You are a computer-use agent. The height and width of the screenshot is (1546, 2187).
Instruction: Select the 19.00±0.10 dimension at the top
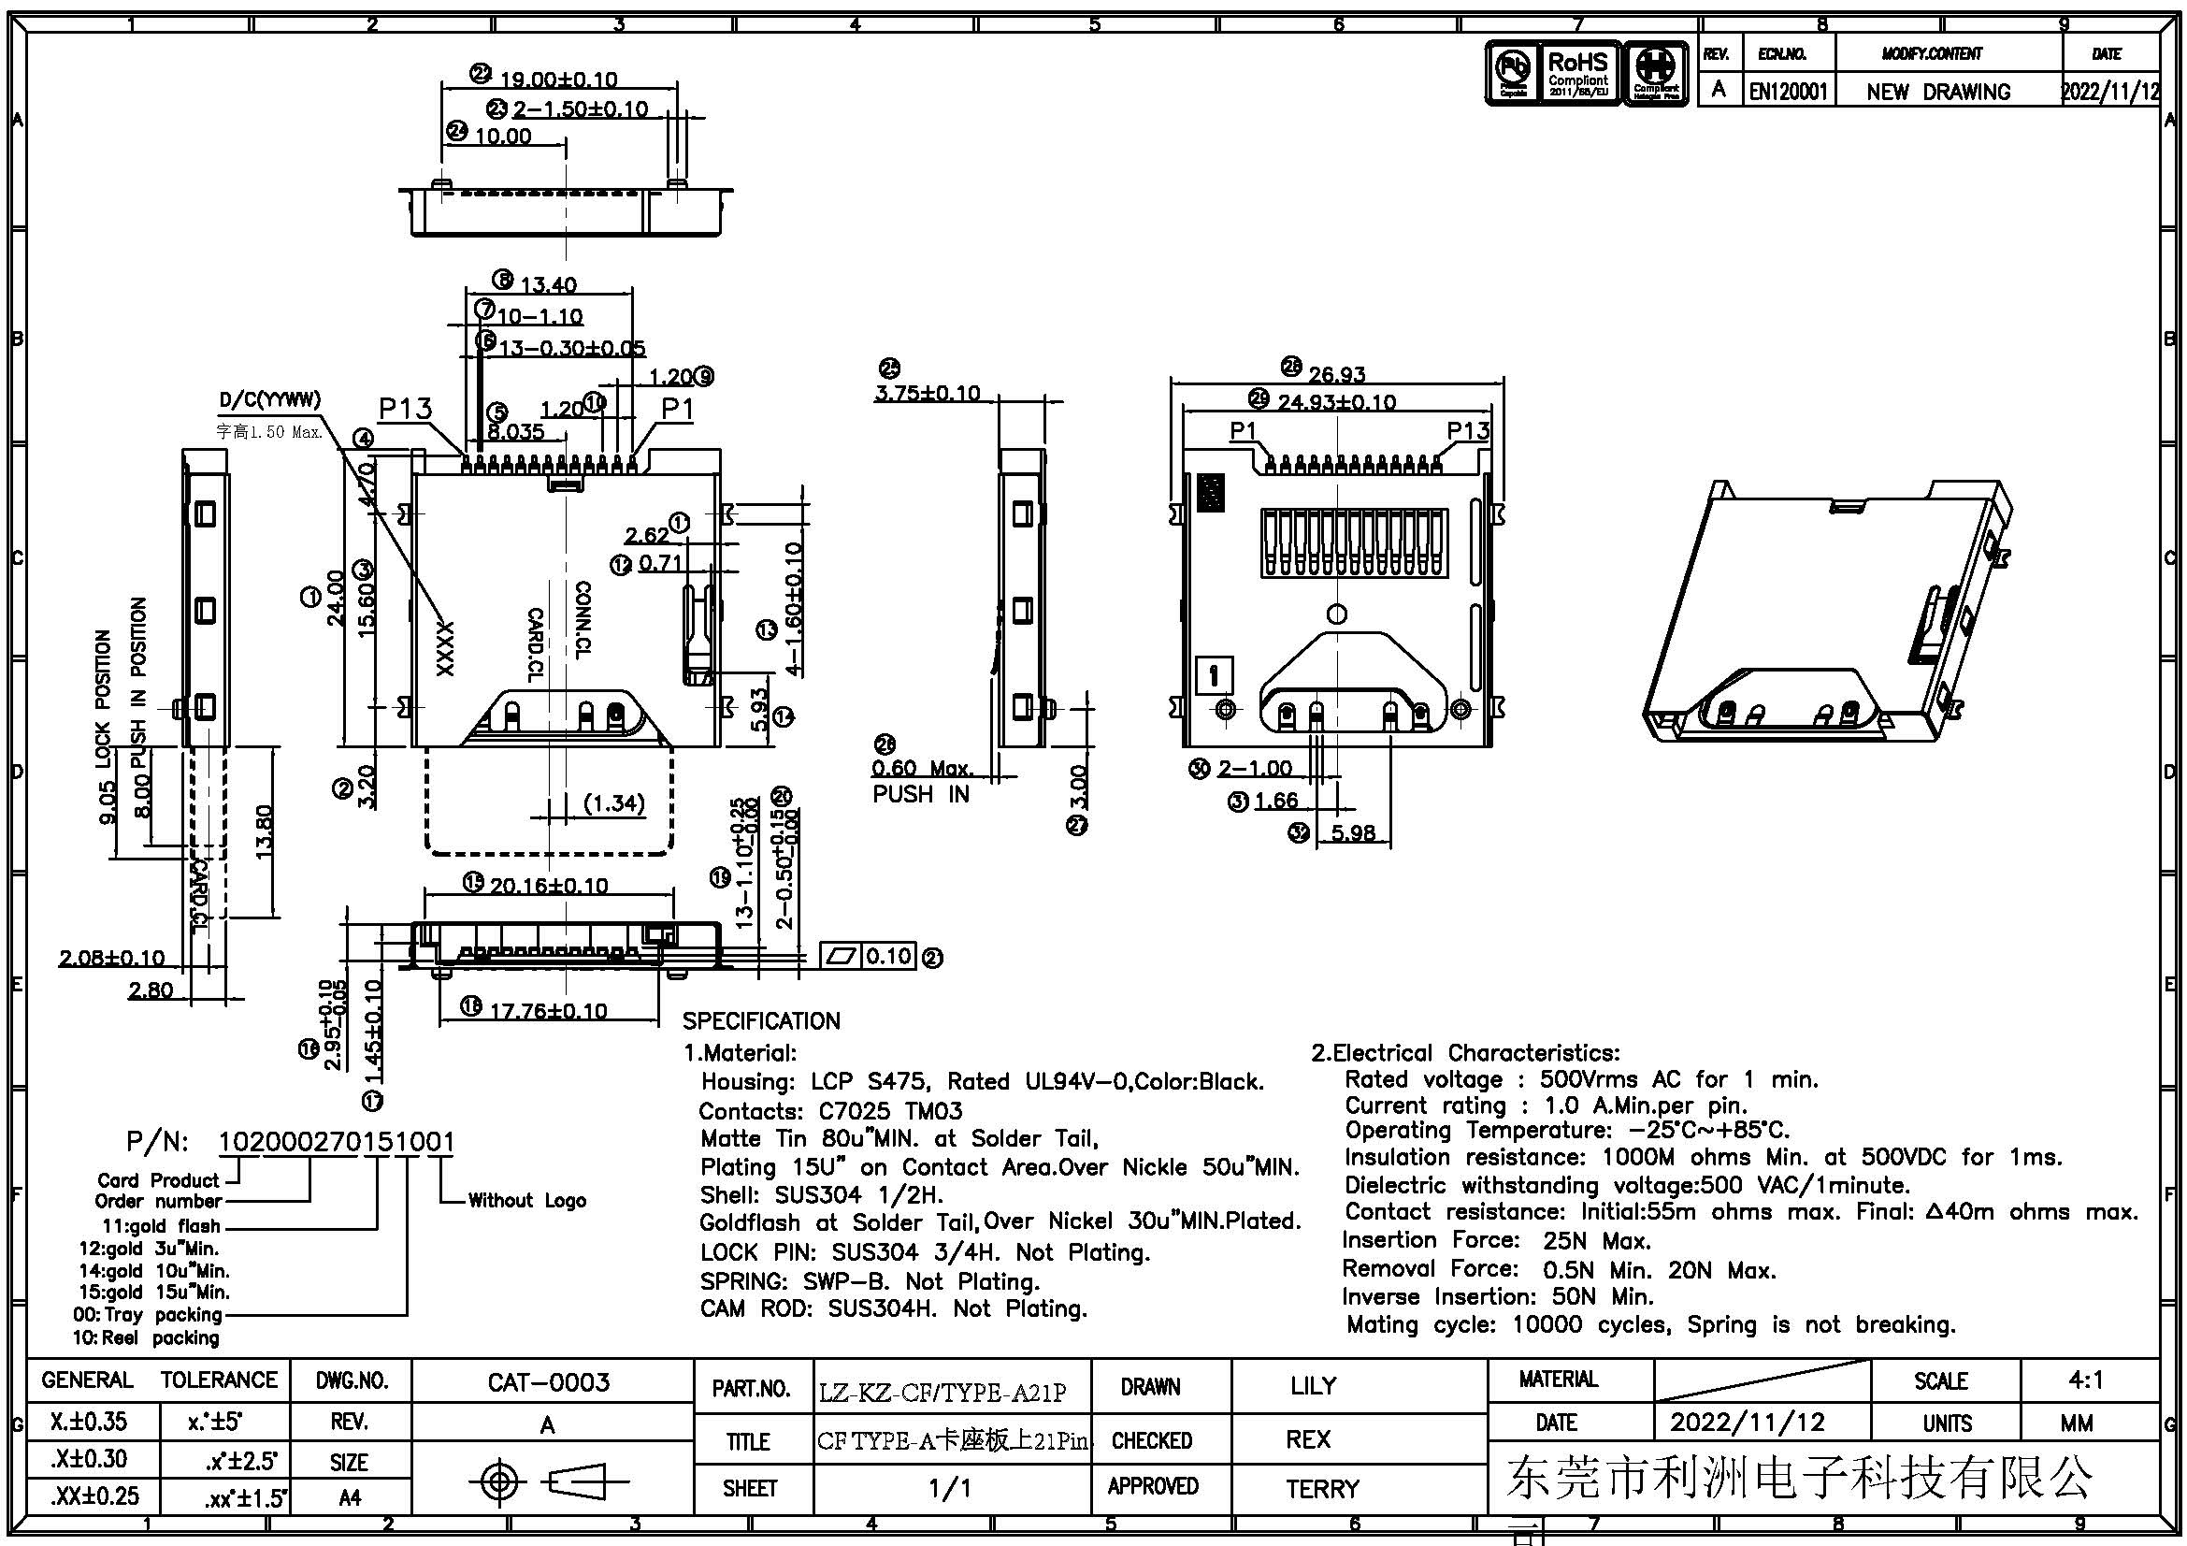pyautogui.click(x=558, y=79)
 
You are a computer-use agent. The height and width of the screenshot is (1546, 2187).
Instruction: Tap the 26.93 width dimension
pyautogui.click(x=1336, y=374)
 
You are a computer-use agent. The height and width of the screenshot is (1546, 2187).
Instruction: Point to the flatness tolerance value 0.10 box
pyautogui.click(x=888, y=956)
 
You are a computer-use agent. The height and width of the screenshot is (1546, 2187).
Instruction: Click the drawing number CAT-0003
pyautogui.click(x=549, y=1382)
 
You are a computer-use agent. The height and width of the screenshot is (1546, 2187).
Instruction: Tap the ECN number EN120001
pyautogui.click(x=1788, y=92)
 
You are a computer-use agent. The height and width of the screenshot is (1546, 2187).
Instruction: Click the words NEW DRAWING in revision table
pyautogui.click(x=1937, y=93)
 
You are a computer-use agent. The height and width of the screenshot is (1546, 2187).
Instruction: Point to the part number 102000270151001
pyautogui.click(x=338, y=1141)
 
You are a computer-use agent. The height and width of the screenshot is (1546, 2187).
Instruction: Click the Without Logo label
pyautogui.click(x=526, y=1200)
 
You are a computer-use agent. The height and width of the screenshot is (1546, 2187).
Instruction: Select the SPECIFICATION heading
pyautogui.click(x=761, y=1021)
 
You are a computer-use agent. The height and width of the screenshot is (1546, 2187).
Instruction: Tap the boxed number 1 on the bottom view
pyautogui.click(x=1214, y=676)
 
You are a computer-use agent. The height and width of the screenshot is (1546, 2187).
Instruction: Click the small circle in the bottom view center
pyautogui.click(x=1337, y=614)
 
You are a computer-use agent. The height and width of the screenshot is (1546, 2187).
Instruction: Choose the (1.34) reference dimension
pyautogui.click(x=614, y=804)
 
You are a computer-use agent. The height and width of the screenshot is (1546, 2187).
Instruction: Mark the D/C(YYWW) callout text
pyautogui.click(x=269, y=399)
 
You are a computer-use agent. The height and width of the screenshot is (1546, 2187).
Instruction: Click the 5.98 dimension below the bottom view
pyautogui.click(x=1353, y=833)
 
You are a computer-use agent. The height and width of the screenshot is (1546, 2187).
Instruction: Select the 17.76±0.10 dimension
pyautogui.click(x=548, y=1011)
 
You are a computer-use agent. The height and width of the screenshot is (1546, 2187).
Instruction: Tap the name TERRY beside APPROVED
pyautogui.click(x=1322, y=1488)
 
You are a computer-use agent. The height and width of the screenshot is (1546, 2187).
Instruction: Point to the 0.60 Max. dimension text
pyautogui.click(x=922, y=768)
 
